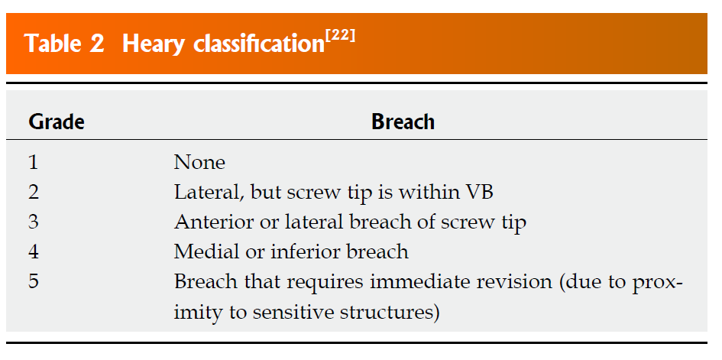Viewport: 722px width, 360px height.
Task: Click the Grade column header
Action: [57, 122]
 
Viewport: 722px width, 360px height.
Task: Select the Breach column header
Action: [403, 122]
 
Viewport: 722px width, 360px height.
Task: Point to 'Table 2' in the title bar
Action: [64, 44]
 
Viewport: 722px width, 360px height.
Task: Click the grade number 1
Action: [33, 163]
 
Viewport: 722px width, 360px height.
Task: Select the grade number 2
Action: [34, 193]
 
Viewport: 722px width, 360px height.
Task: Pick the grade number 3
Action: [34, 222]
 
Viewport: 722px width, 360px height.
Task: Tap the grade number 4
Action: [34, 251]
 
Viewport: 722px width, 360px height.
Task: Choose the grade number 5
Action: [34, 281]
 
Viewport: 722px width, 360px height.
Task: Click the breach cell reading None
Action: [199, 163]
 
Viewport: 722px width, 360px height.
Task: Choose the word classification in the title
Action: [257, 44]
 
